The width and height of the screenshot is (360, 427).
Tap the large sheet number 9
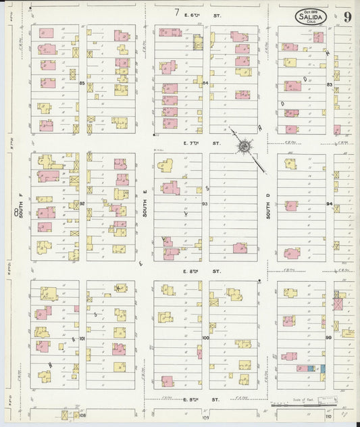point(346,17)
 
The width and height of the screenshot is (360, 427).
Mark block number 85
point(82,83)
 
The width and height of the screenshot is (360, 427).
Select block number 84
point(205,83)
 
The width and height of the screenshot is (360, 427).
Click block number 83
point(329,84)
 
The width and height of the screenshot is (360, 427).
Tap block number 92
point(82,203)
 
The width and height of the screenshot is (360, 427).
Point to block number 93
point(205,203)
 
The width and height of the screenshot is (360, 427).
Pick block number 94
point(329,203)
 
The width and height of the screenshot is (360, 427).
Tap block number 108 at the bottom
point(82,415)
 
